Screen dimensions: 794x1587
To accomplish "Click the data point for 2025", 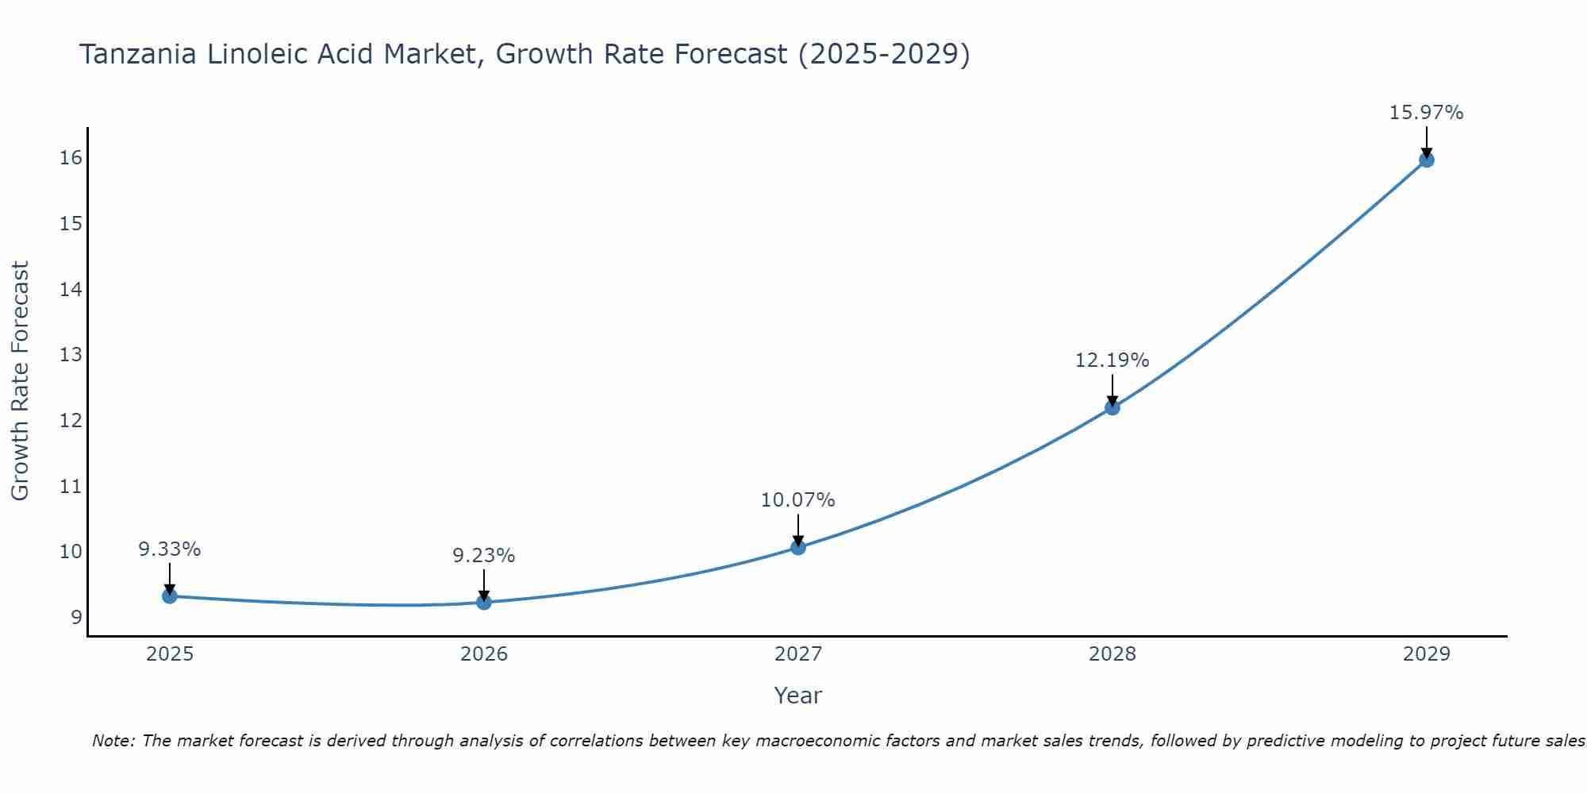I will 170,596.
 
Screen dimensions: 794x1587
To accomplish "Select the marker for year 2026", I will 484,603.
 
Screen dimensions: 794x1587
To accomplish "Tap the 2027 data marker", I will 798,547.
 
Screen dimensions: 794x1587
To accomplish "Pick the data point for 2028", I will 1112,408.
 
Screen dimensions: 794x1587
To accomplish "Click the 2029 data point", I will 1426,160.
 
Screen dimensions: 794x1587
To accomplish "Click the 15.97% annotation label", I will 1426,113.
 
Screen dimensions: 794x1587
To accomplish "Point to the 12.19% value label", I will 1112,360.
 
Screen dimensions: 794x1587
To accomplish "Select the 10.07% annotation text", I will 797,500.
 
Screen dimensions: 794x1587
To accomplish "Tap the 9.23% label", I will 484,556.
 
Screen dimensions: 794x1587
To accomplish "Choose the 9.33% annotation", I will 170,549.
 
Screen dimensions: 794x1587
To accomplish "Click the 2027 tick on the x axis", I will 798,654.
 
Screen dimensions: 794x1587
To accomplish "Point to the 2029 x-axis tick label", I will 1426,654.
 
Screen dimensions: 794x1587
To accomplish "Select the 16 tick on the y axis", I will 71,158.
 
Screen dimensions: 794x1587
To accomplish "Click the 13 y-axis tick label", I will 71,355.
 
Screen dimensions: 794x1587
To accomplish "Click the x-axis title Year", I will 797,696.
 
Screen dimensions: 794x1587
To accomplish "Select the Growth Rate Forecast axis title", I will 20,381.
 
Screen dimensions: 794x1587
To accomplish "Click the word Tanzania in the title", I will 138,54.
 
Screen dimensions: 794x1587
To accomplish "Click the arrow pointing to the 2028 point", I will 1112,389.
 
